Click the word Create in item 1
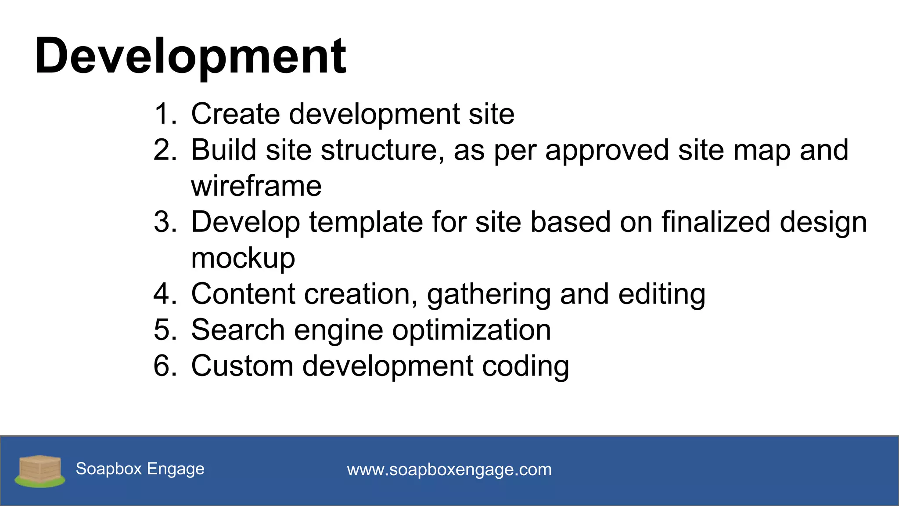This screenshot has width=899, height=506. pos(235,114)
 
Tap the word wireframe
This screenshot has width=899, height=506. pos(256,186)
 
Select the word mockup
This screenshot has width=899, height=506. pos(243,258)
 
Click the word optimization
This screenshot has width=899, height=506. pos(471,330)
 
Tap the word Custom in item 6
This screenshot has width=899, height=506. pos(242,366)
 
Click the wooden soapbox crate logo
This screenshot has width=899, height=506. pos(40,470)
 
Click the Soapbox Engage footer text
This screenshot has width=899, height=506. pos(140,469)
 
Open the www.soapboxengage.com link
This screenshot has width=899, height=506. pos(449,470)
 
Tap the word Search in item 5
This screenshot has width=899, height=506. pos(238,330)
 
